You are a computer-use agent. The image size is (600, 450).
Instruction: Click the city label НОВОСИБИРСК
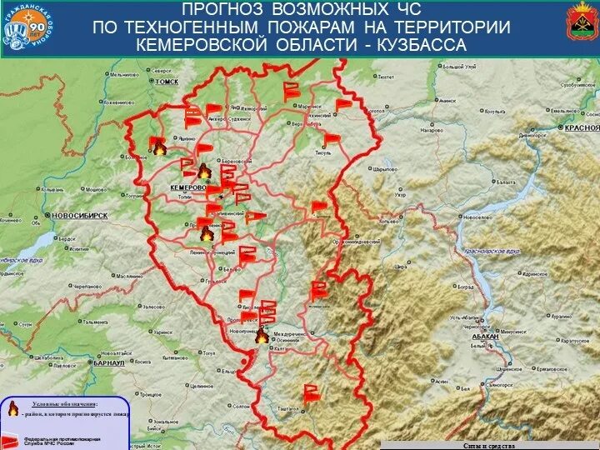(80, 215)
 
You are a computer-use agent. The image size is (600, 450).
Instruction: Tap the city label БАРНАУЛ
(109, 363)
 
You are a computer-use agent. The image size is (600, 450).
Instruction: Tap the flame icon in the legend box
(13, 408)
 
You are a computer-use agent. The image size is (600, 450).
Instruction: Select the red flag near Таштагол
(311, 392)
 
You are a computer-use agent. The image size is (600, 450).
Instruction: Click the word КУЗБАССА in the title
(421, 44)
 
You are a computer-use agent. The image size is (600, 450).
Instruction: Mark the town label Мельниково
(124, 75)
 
